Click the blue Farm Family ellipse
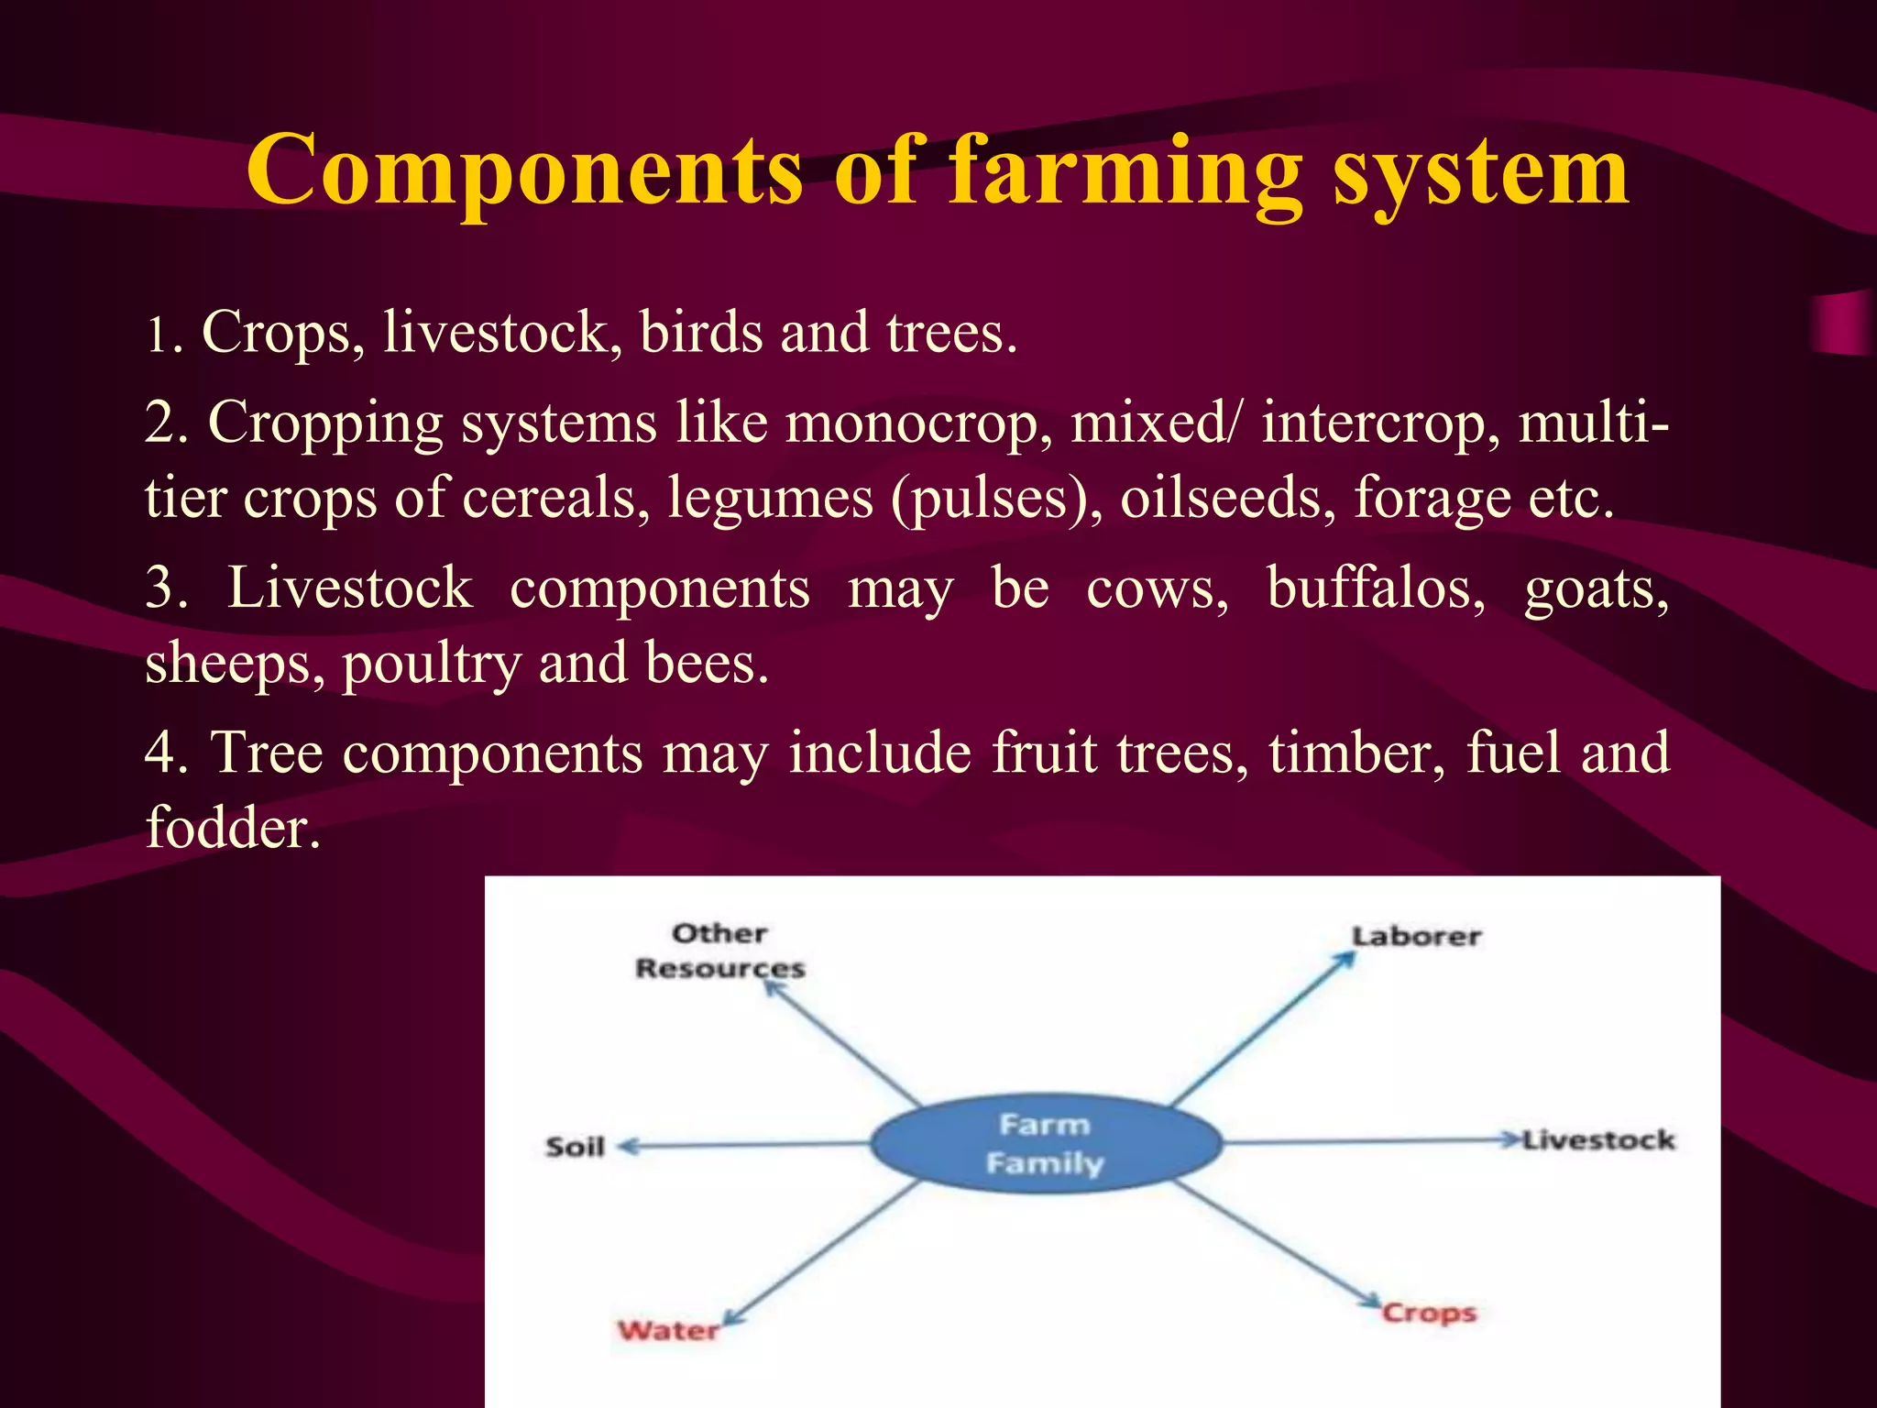click(x=1045, y=1143)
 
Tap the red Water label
click(x=668, y=1330)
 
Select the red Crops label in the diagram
click(x=1429, y=1313)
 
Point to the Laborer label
click(x=1416, y=937)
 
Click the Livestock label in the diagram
click(x=1598, y=1140)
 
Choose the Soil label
click(x=575, y=1147)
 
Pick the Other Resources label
click(x=719, y=951)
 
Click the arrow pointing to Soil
click(x=742, y=1145)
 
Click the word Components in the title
click(x=524, y=170)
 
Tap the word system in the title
click(x=1480, y=170)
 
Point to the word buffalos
click(x=1376, y=588)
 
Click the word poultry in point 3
click(x=431, y=664)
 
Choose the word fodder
click(x=233, y=827)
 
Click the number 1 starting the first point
click(x=158, y=335)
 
